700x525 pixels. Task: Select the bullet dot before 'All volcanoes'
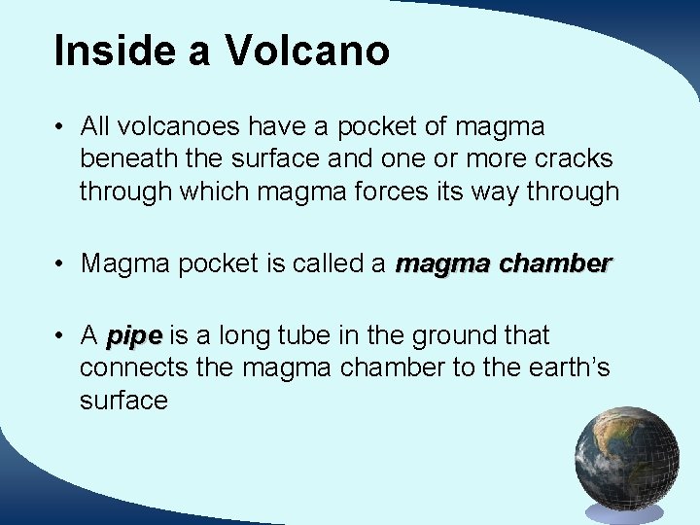[x=60, y=126]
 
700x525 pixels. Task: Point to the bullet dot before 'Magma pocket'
[x=60, y=263]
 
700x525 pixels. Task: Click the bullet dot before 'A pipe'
[x=60, y=336]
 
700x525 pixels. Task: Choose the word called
[x=327, y=263]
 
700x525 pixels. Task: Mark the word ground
[x=451, y=336]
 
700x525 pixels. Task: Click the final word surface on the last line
[x=123, y=402]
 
